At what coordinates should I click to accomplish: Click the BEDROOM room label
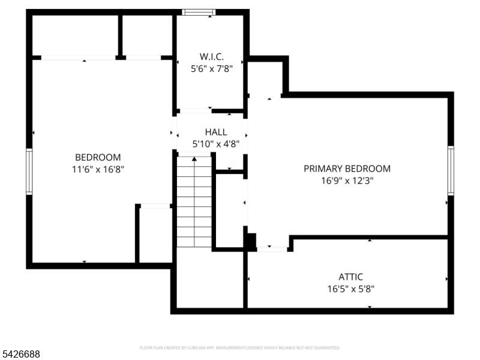tap(98, 157)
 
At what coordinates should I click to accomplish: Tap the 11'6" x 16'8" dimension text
tap(98, 169)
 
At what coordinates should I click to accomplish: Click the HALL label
tap(216, 132)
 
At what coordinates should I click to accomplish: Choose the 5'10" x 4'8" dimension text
tap(216, 144)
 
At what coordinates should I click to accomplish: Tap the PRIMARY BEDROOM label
tap(347, 169)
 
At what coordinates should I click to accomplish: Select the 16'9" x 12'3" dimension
tap(347, 180)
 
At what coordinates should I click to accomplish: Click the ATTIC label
tap(350, 277)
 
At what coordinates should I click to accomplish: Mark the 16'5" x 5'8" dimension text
tap(350, 289)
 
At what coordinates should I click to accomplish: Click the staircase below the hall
tap(194, 201)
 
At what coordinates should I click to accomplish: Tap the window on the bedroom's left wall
tap(29, 171)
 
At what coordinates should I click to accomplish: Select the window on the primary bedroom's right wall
tap(451, 170)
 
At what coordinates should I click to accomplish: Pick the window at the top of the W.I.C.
tap(198, 12)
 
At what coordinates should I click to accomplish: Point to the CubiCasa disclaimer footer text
tap(240, 347)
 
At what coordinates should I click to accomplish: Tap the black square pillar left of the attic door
tap(251, 241)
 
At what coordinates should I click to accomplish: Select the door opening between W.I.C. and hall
tap(195, 111)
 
